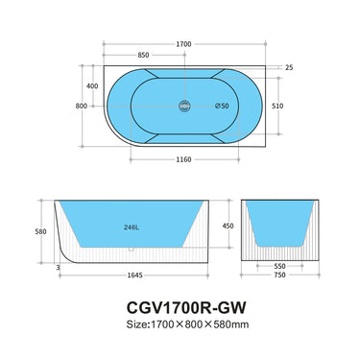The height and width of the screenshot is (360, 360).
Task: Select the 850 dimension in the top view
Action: click(143, 55)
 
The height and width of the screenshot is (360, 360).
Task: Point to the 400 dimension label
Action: click(93, 86)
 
